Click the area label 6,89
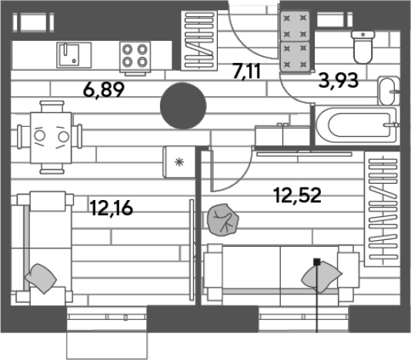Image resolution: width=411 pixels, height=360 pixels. [x=104, y=90]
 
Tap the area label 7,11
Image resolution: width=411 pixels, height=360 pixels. [x=246, y=72]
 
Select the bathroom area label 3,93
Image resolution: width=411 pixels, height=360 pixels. [x=338, y=81]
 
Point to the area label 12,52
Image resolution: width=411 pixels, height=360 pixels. [x=297, y=195]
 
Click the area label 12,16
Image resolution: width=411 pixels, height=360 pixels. [x=111, y=208]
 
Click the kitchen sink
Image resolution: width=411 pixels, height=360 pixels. [x=74, y=55]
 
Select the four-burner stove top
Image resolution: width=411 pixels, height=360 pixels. [x=135, y=57]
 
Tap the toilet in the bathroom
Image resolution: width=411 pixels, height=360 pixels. [x=363, y=47]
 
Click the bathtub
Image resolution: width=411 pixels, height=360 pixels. [x=356, y=125]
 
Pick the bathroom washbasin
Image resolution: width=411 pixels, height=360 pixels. [x=389, y=91]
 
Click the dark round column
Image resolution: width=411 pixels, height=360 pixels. [x=183, y=106]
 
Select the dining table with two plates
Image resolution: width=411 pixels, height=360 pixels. [x=51, y=138]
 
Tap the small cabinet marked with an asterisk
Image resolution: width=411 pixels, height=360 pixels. [x=179, y=162]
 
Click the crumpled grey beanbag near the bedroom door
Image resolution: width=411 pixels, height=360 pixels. [x=222, y=220]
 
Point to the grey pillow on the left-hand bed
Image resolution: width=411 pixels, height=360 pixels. [x=40, y=278]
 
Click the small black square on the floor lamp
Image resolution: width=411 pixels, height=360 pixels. [x=317, y=262]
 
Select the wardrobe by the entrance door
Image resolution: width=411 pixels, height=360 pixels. [x=199, y=41]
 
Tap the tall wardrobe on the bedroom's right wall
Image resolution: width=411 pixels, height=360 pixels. [x=383, y=209]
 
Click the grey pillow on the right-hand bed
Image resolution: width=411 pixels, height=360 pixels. [x=322, y=277]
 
